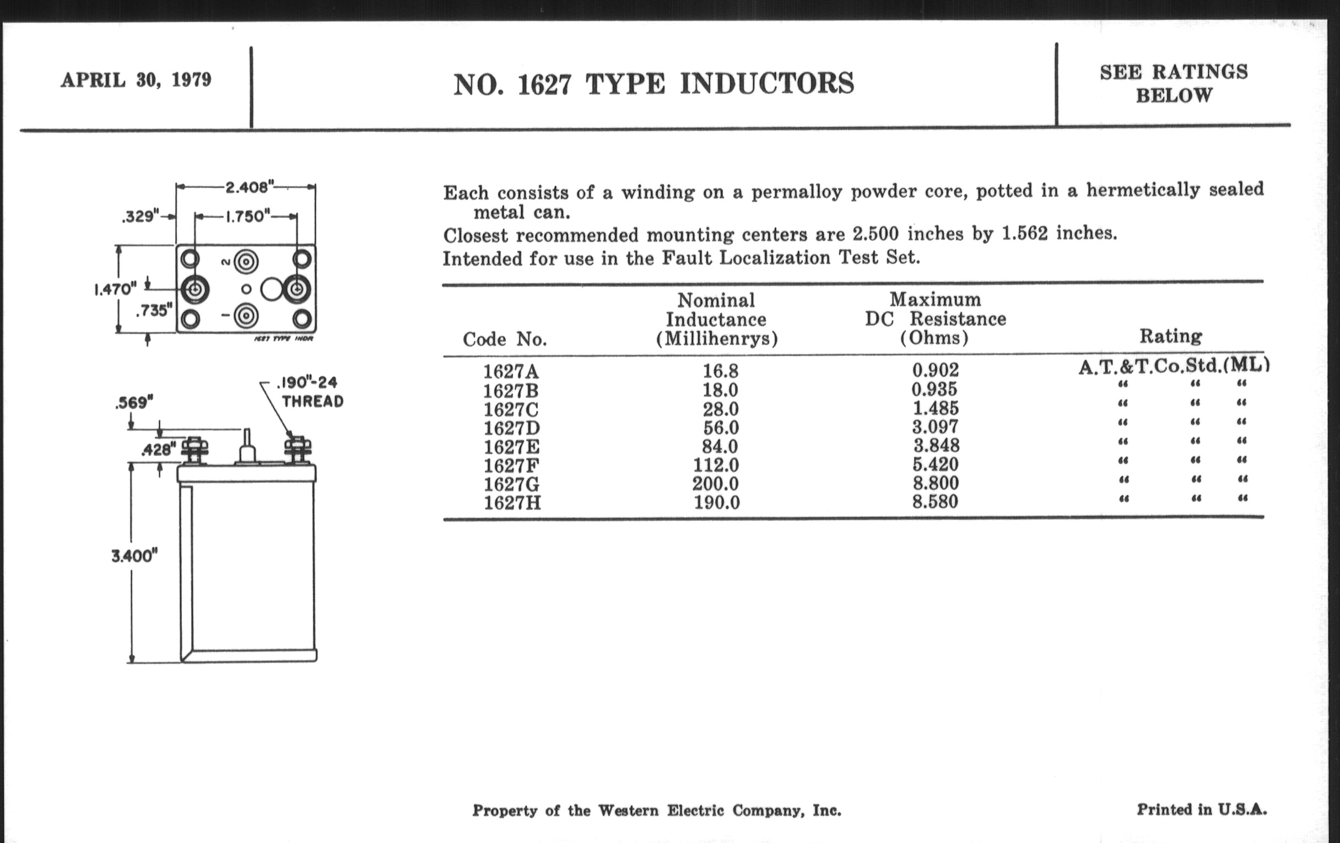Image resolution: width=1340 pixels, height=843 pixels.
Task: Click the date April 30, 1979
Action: pos(136,80)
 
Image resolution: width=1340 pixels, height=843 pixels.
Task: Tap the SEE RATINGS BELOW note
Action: pos(1174,84)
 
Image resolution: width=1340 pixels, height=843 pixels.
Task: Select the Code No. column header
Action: pos(505,339)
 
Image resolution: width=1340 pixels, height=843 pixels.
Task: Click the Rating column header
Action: pos(1170,336)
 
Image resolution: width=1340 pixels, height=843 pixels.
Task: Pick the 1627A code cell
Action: pos(511,371)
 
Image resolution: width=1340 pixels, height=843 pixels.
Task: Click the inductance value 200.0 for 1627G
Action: pos(716,484)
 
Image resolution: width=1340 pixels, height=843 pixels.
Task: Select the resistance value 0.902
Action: pos(936,370)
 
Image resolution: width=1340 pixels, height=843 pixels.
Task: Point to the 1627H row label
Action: pos(512,502)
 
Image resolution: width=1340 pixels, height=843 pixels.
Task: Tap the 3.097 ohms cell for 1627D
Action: pos(936,427)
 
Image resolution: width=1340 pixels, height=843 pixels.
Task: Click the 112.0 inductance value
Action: pos(716,464)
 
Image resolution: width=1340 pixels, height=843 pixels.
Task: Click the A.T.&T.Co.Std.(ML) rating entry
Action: pos(1174,366)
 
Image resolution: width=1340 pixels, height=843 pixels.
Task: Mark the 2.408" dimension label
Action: pos(246,187)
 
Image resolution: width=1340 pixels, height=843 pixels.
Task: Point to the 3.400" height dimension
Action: pos(134,556)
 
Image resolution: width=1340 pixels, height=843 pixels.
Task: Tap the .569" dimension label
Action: pos(133,402)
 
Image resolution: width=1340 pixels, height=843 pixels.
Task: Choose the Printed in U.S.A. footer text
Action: pos(1202,809)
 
